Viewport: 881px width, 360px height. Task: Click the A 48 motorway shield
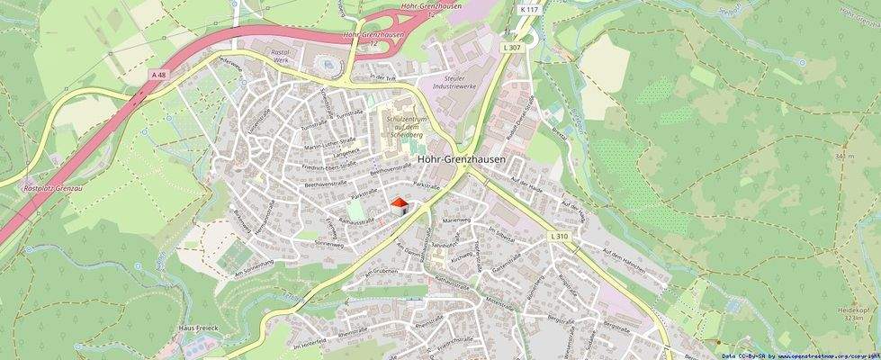click(x=159, y=74)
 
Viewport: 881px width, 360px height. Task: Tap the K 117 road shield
click(x=528, y=10)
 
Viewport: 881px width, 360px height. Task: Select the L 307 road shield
click(x=512, y=47)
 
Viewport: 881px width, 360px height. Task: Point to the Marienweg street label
click(x=457, y=220)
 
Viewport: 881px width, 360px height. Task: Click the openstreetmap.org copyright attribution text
click(x=800, y=355)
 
